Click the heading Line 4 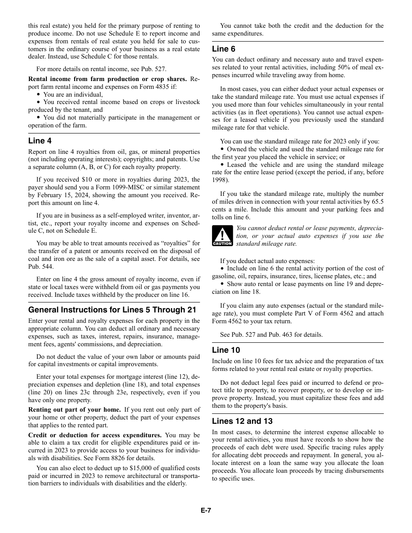40,141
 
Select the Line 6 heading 224,49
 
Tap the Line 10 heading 226,350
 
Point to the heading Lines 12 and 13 242,421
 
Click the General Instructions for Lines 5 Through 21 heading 112,310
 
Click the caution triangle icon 222,236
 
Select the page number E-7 206,510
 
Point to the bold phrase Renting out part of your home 75,409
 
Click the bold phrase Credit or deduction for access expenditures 95,435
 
